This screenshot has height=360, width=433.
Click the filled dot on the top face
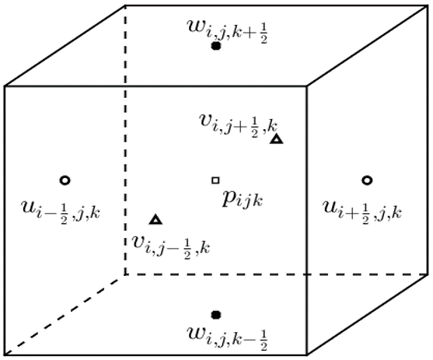(x=215, y=46)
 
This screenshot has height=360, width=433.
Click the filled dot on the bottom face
(x=215, y=315)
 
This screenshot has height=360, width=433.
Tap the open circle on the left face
(x=65, y=180)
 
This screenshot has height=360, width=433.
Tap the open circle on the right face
(x=367, y=180)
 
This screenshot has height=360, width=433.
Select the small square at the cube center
(x=215, y=180)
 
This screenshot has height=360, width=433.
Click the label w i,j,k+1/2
(x=227, y=31)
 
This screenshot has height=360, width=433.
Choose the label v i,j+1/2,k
(x=238, y=126)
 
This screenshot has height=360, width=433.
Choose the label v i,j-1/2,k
(x=171, y=247)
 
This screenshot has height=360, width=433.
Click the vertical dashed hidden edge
(x=125, y=140)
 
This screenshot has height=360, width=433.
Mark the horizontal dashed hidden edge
(x=276, y=274)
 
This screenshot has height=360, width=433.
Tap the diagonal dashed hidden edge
(x=65, y=315)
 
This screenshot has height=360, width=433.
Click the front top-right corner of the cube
(x=307, y=86)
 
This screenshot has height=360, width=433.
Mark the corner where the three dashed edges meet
(x=125, y=274)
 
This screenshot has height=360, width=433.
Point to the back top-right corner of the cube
(x=428, y=5)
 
